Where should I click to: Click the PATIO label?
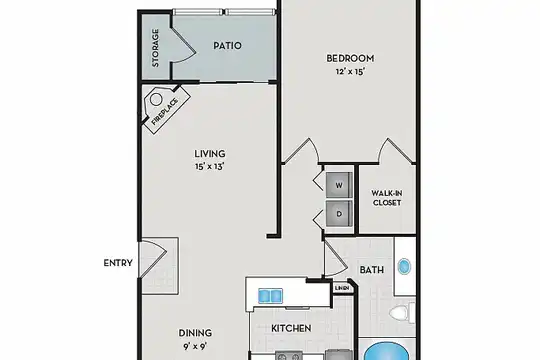click(227, 45)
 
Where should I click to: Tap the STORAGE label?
click(155, 48)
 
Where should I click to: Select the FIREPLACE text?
click(165, 111)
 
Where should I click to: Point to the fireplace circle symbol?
click(156, 100)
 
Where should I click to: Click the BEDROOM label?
click(350, 58)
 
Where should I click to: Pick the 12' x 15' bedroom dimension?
click(350, 72)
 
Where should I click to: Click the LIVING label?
click(210, 153)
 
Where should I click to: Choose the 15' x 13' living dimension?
click(210, 167)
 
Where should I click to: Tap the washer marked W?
click(339, 185)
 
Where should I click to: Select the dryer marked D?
click(339, 214)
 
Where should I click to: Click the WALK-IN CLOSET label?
click(387, 198)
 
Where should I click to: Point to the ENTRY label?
click(118, 263)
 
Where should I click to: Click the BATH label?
click(372, 270)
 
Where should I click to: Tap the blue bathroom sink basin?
click(404, 267)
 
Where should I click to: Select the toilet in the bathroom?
click(402, 313)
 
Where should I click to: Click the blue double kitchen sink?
click(270, 296)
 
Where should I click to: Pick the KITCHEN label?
click(291, 328)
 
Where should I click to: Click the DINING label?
click(195, 333)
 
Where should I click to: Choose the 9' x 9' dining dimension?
click(195, 346)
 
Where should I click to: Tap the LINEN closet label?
click(342, 288)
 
